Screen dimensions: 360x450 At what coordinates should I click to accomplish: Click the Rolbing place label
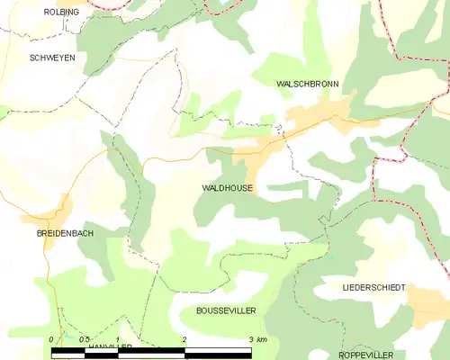[62, 12]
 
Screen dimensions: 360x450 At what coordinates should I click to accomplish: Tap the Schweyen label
[52, 57]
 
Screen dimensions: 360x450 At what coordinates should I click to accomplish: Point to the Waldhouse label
[227, 189]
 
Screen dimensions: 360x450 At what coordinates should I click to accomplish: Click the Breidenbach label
[59, 233]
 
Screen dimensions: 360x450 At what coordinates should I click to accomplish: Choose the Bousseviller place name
[226, 310]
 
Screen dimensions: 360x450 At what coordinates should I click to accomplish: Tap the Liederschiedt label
[373, 287]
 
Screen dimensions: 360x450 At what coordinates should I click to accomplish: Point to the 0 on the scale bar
[51, 339]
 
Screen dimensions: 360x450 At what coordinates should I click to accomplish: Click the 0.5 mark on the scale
[83, 339]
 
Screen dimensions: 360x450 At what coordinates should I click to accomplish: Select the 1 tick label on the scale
[118, 339]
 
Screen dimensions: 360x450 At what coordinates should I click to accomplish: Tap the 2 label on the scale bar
[184, 339]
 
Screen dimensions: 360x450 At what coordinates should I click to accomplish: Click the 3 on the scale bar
[250, 339]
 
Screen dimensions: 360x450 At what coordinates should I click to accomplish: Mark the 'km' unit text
[262, 339]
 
